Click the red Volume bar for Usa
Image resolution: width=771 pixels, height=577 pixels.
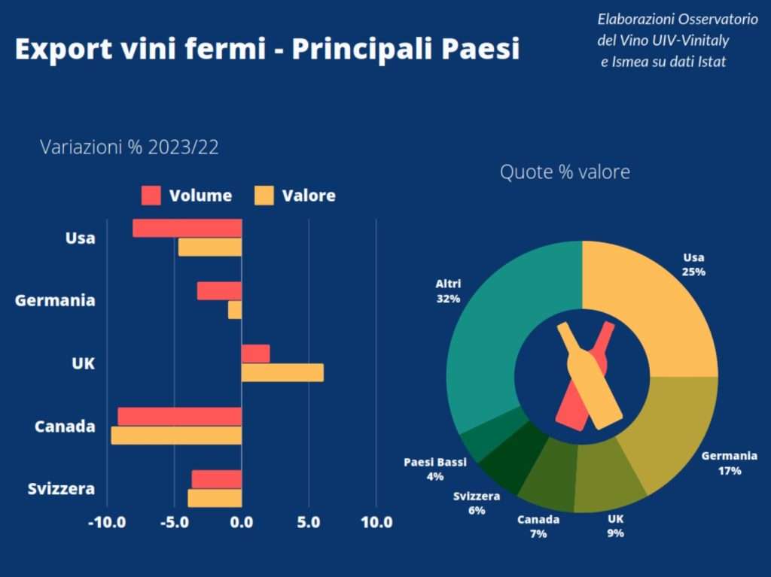click(187, 228)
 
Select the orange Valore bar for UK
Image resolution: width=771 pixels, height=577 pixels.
click(282, 372)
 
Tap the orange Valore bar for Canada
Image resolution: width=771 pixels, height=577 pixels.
click(176, 436)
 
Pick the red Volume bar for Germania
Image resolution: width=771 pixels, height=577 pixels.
click(219, 291)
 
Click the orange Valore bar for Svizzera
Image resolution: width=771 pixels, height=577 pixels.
click(215, 498)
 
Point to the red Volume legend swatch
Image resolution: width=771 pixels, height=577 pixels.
click(151, 196)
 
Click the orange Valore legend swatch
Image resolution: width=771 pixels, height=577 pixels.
click(264, 196)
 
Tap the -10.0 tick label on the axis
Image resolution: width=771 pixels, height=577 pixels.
click(107, 522)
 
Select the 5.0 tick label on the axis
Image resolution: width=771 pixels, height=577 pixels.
click(309, 522)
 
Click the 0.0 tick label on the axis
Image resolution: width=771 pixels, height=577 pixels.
click(242, 522)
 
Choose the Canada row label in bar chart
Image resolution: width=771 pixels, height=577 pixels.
click(65, 427)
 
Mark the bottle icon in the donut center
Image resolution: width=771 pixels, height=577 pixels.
click(587, 376)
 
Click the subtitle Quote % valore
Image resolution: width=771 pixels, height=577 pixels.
click(565, 172)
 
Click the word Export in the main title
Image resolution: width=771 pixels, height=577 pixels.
click(62, 50)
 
